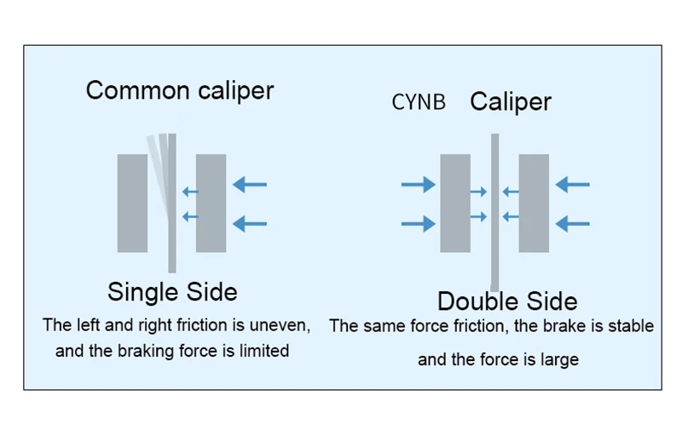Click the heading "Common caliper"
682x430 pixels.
point(180,90)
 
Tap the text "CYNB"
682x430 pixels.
point(419,103)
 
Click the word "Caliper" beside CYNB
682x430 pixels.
point(511,102)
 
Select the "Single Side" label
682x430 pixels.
point(172,292)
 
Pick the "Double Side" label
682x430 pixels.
point(507,301)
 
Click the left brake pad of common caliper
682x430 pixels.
point(132,203)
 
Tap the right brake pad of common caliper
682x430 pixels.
point(211,203)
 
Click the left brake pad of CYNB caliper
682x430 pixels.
point(455,203)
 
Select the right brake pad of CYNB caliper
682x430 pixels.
point(534,203)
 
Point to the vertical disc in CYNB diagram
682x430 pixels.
point(494,213)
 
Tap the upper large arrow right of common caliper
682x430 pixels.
point(250,184)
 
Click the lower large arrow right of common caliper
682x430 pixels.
point(250,224)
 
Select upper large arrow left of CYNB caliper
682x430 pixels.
point(418,184)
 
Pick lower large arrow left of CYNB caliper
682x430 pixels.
point(418,224)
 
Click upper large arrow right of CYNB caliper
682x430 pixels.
point(573,184)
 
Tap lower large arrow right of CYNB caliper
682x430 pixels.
point(573,224)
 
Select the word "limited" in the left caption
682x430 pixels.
point(263,351)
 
